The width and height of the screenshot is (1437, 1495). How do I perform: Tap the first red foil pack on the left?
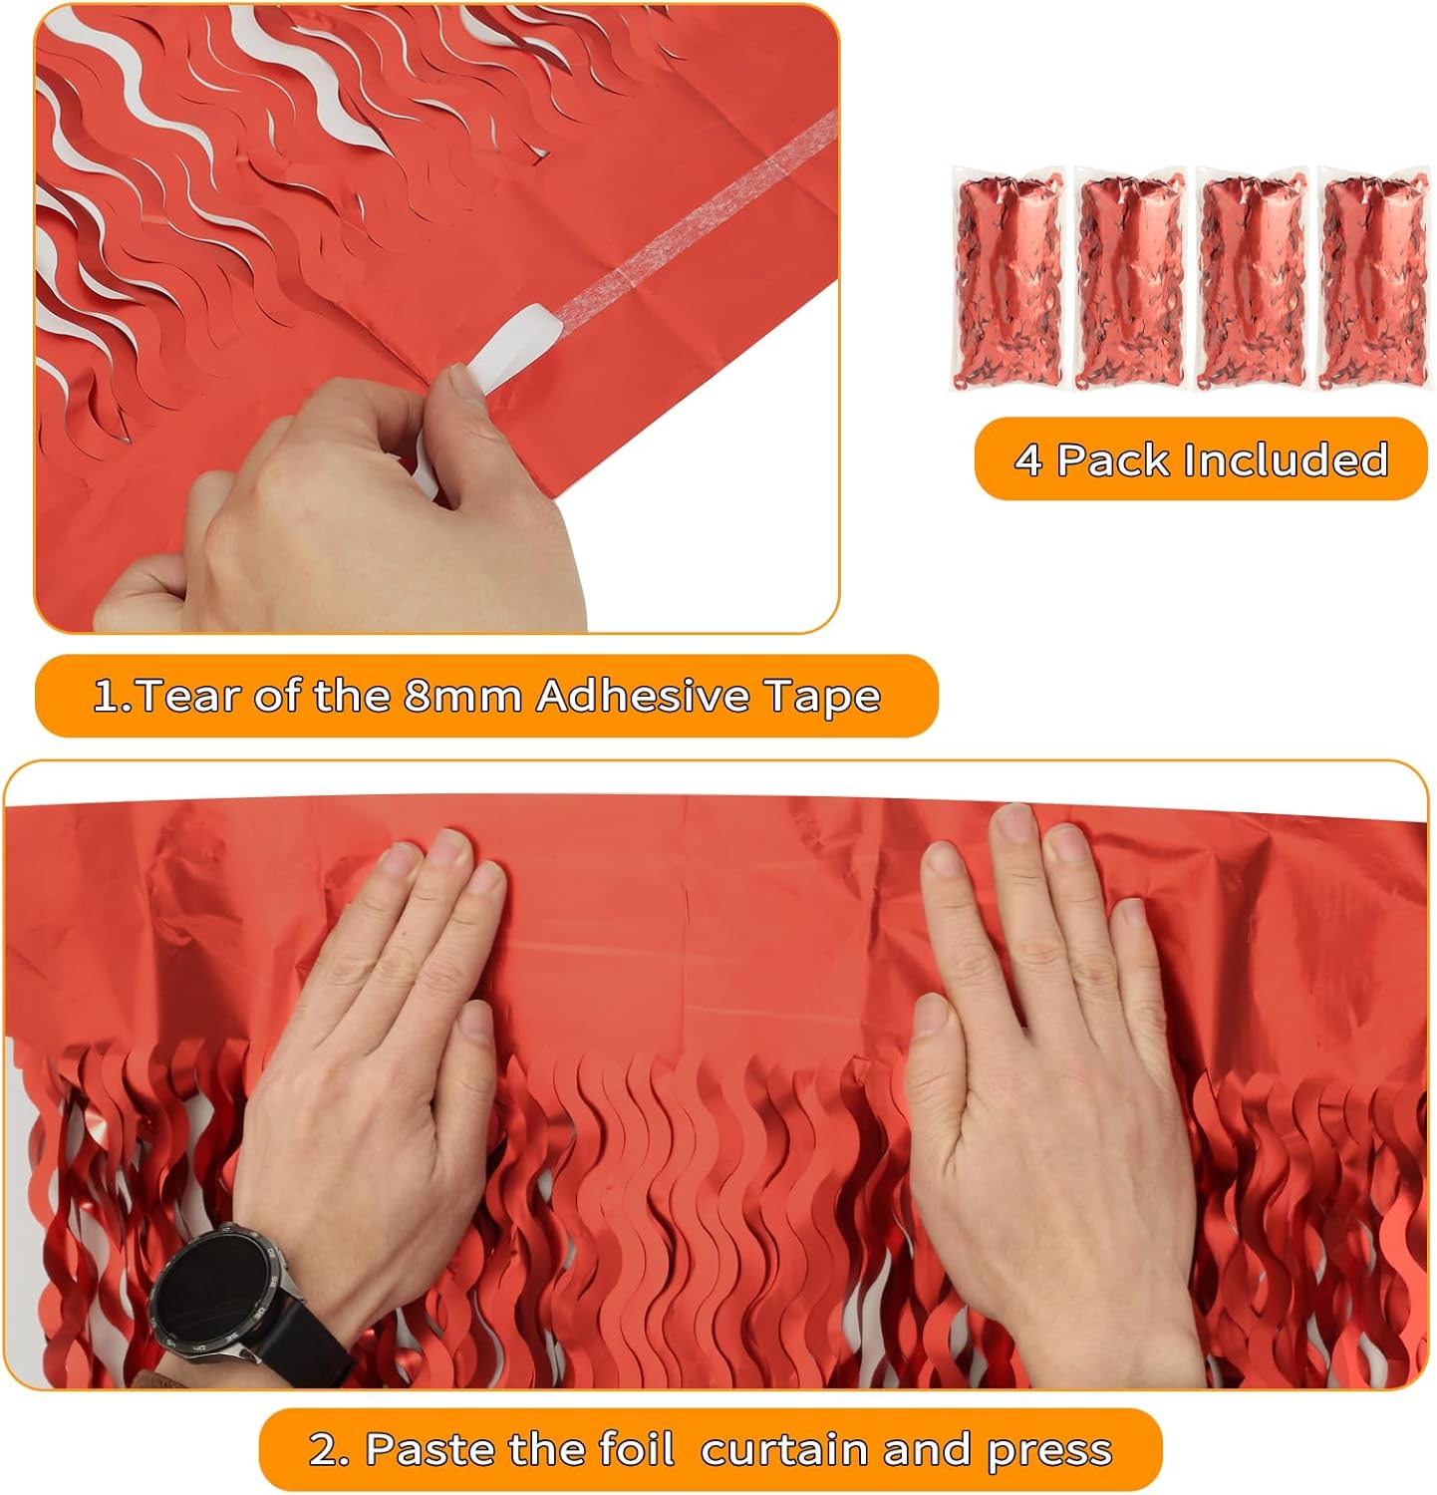coord(1007,279)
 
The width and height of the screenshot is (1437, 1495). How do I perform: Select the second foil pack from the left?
coord(1130,279)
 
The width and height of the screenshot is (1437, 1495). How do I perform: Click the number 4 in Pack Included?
coord(1029,460)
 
